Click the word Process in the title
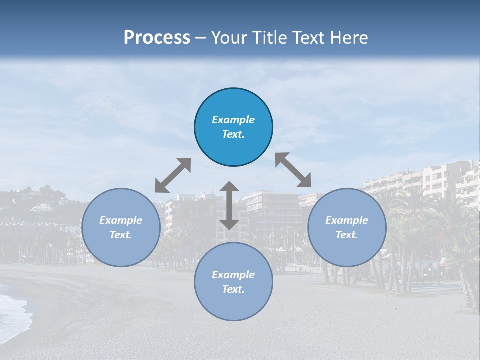[157, 38]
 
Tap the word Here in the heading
[349, 38]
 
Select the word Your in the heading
[228, 38]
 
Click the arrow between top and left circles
[173, 175]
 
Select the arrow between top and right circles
[293, 170]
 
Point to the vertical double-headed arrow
[229, 205]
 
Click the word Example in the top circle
[233, 120]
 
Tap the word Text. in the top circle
[233, 134]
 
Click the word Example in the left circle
[121, 220]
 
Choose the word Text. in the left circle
[121, 235]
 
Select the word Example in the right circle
[347, 220]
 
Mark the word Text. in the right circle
[347, 235]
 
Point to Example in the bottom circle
[233, 275]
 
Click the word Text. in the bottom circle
[233, 289]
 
